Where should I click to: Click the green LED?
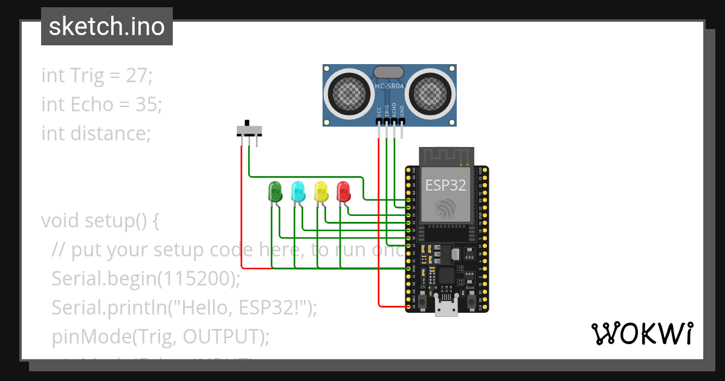pyautogui.click(x=275, y=192)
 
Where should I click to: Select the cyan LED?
pyautogui.click(x=298, y=192)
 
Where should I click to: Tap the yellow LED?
pyautogui.click(x=321, y=192)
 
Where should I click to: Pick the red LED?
pyautogui.click(x=343, y=192)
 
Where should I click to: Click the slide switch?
pyautogui.click(x=249, y=130)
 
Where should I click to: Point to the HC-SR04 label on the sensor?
pyautogui.click(x=389, y=86)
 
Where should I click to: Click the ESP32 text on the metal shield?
pyautogui.click(x=446, y=185)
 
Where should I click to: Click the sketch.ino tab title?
pyautogui.click(x=107, y=27)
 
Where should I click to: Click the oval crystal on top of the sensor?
pyautogui.click(x=388, y=72)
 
